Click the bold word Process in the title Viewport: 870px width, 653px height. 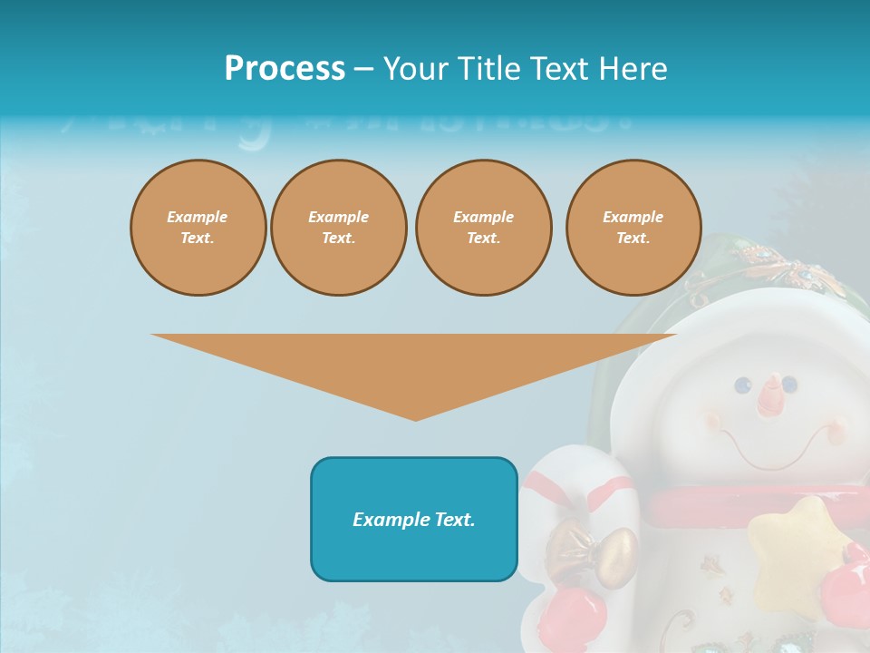(x=285, y=68)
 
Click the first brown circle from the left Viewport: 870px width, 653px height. (x=198, y=228)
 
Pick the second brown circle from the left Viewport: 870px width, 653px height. (x=339, y=228)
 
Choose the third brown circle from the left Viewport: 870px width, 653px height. (x=483, y=228)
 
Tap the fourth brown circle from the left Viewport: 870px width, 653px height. (x=633, y=228)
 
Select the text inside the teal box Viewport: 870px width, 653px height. (x=414, y=520)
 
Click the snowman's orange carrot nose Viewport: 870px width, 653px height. (x=770, y=395)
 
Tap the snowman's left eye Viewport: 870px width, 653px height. (x=744, y=385)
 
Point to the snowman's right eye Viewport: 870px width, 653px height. (x=790, y=384)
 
